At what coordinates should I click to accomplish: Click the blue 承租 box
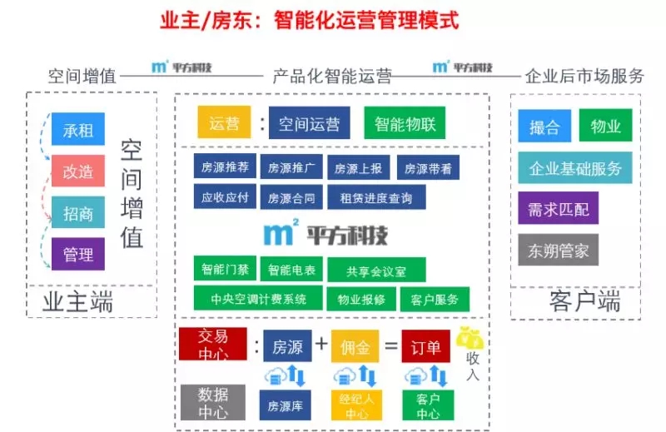78,130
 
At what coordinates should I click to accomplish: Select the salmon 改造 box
78,171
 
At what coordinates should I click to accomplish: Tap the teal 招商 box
78,213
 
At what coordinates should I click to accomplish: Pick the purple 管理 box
78,254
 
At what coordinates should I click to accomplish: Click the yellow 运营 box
224,124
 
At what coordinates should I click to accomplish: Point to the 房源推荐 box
225,167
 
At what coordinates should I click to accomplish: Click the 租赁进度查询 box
376,197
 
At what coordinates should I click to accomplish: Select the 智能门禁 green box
224,270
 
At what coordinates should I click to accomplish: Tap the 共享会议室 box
376,271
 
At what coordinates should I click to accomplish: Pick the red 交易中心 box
212,343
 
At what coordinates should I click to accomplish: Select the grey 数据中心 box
212,400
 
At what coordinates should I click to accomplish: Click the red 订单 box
421,346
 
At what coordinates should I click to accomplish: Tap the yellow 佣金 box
355,346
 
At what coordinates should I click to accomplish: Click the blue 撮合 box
544,127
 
